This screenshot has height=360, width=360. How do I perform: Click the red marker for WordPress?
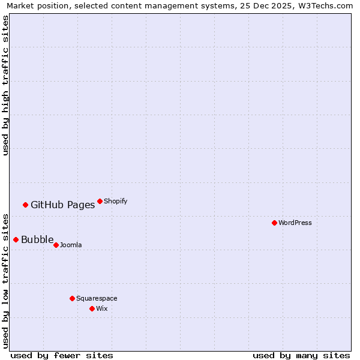(274, 223)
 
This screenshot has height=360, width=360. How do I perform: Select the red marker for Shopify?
(100, 201)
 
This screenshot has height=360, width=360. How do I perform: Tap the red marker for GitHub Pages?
(25, 205)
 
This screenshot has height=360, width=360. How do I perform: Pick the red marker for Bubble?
(16, 239)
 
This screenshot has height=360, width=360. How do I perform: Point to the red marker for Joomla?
(56, 245)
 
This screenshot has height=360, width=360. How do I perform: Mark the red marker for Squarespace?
(72, 298)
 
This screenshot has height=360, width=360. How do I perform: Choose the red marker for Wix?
(92, 308)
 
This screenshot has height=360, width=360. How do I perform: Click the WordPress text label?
(295, 223)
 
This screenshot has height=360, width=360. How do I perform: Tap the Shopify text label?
(116, 201)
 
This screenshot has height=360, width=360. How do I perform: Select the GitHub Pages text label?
(62, 205)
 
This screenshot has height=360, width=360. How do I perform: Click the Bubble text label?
(37, 239)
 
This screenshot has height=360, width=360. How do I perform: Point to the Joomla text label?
(71, 245)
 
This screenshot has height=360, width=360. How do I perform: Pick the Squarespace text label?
(97, 298)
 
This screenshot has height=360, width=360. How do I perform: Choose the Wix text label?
(101, 308)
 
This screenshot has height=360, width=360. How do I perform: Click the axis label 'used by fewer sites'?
(62, 355)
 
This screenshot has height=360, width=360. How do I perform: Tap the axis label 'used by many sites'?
(301, 355)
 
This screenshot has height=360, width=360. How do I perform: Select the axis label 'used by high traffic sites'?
(5, 85)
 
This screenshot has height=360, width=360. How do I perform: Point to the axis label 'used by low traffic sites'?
(5, 280)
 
